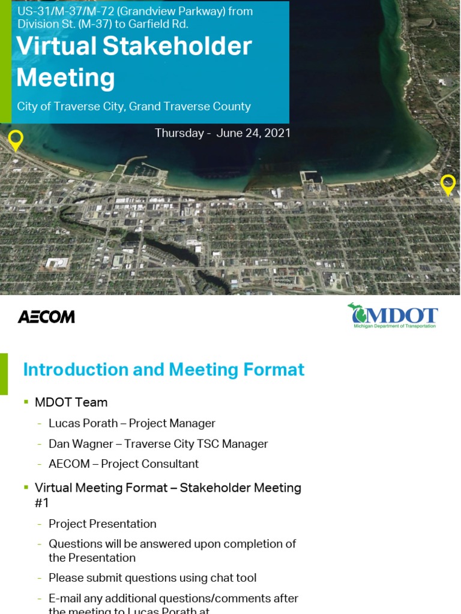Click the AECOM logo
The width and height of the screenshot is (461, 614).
click(46, 317)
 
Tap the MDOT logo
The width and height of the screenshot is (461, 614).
click(393, 315)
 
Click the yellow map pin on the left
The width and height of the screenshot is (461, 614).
click(16, 140)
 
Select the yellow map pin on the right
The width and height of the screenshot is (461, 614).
click(448, 185)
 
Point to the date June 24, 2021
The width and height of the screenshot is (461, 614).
click(253, 133)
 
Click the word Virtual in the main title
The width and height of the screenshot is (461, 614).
click(56, 46)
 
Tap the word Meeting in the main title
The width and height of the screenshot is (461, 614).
click(65, 77)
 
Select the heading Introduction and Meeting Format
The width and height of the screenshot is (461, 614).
click(163, 369)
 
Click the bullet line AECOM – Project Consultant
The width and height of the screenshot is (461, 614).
click(123, 463)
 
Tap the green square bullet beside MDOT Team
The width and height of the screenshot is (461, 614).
click(26, 402)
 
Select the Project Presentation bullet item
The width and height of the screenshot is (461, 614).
click(102, 523)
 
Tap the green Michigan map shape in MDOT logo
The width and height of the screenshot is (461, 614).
click(359, 313)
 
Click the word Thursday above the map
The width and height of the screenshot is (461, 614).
click(179, 133)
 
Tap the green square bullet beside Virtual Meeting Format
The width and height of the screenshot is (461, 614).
click(26, 487)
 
